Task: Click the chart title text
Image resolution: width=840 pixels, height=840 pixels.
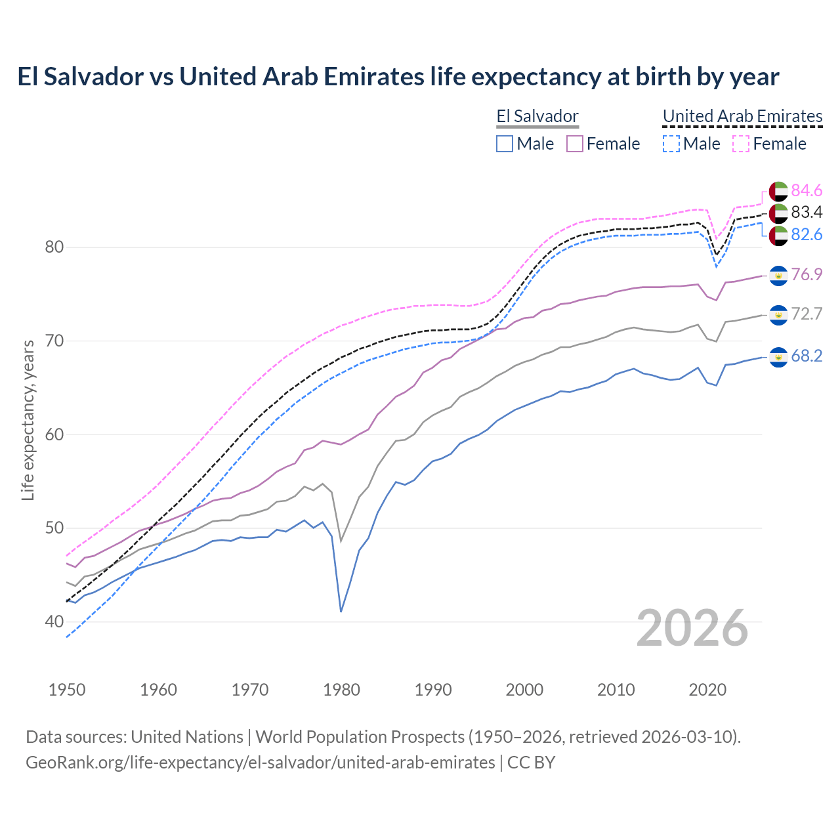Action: click(398, 77)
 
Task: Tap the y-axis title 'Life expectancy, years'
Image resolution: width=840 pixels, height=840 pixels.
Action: click(28, 420)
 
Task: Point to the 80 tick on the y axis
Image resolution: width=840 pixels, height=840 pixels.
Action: click(54, 247)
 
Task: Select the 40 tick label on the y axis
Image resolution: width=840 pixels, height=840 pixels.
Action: click(54, 621)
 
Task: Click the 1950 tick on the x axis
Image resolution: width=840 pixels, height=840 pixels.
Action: click(67, 690)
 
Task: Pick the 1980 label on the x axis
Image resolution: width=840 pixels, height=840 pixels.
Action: click(341, 690)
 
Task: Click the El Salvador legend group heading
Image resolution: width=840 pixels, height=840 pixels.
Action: click(537, 117)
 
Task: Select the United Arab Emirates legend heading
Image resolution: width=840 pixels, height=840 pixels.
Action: click(742, 117)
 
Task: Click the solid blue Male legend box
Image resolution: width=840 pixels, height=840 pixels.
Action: click(504, 144)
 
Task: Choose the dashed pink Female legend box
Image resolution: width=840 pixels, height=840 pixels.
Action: click(740, 144)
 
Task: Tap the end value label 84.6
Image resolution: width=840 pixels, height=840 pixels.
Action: click(807, 190)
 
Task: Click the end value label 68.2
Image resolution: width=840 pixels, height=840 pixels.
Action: click(807, 356)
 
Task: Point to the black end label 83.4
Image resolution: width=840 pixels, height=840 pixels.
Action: click(807, 212)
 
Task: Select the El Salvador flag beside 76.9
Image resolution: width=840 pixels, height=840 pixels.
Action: click(778, 275)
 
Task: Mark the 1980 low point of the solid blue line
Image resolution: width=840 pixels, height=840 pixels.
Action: click(341, 611)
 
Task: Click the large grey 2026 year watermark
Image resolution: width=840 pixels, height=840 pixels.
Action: click(692, 628)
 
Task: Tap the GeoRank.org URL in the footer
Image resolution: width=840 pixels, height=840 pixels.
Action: click(260, 763)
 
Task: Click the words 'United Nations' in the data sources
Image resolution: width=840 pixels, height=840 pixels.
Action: click(187, 737)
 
